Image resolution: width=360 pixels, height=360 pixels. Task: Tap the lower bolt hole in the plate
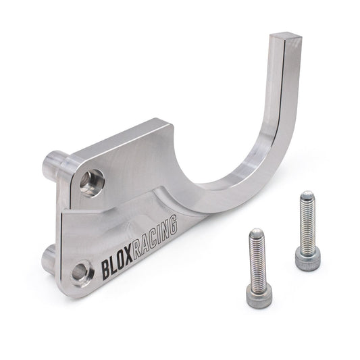pos(80,272)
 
